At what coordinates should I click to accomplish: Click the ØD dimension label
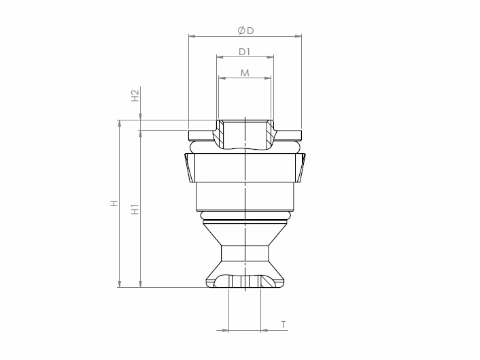[246, 31]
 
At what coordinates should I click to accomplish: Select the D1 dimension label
[245, 52]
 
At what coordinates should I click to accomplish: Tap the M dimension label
[245, 73]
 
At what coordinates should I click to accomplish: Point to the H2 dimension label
[135, 95]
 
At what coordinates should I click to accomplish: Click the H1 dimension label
[135, 210]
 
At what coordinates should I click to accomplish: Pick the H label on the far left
[114, 203]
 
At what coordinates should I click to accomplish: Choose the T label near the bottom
[284, 325]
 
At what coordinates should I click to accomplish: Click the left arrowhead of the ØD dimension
[192, 36]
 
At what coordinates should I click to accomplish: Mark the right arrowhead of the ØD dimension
[298, 36]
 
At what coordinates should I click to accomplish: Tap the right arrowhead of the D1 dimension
[270, 56]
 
